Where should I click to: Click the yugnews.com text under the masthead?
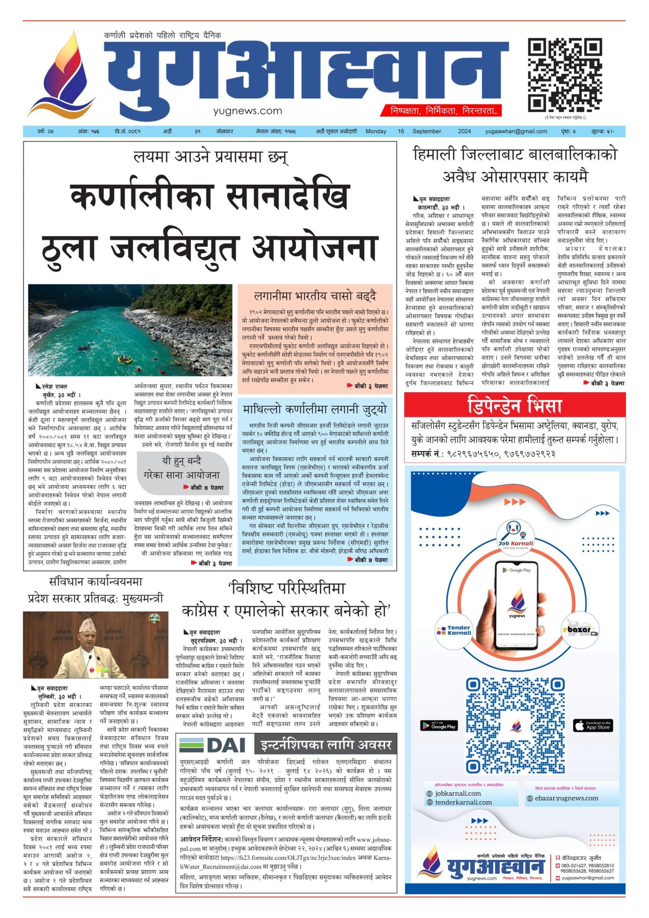[247, 111]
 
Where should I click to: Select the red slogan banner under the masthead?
[441, 110]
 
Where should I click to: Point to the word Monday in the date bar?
[376, 131]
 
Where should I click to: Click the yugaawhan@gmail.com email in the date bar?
[516, 131]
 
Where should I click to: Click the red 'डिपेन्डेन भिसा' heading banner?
[514, 405]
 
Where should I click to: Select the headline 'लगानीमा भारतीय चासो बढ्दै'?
[315, 296]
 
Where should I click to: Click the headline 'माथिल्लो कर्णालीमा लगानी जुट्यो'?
[315, 410]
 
